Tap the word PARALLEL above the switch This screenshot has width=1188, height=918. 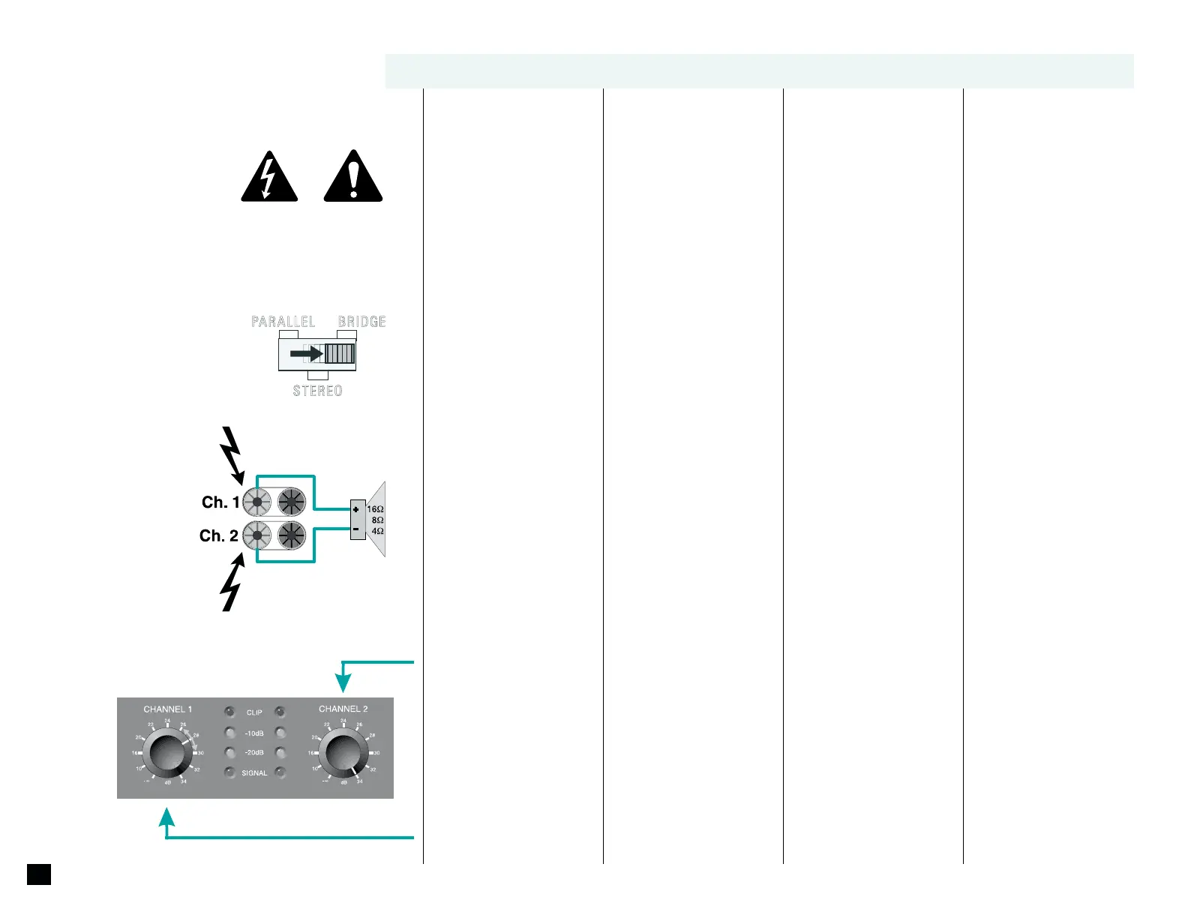coord(283,322)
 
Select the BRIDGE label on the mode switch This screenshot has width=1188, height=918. coord(362,322)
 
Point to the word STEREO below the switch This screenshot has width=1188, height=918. coord(317,391)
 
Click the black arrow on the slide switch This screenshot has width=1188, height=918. coord(306,352)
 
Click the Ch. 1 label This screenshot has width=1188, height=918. coord(220,502)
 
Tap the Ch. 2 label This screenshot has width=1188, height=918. coord(218,535)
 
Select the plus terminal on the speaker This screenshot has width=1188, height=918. coord(356,510)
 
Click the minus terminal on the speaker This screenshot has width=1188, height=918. coord(356,529)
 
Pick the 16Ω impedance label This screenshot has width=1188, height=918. coord(375,509)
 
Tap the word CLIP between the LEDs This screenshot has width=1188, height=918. coord(254,712)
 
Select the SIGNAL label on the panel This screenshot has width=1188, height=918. coord(254,773)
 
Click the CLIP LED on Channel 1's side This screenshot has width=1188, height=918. coord(229,711)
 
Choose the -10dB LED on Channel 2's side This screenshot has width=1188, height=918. coord(280,732)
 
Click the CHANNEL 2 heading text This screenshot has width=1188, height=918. coord(343,709)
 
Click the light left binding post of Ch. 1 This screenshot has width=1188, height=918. coord(257,502)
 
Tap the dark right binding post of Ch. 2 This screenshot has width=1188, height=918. coord(292,535)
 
